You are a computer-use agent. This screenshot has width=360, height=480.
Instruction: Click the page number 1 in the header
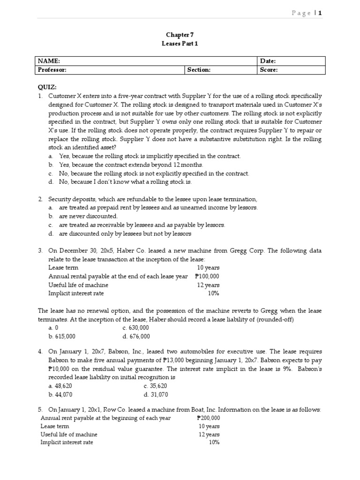(320, 13)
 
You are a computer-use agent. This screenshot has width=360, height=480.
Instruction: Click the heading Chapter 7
(180, 35)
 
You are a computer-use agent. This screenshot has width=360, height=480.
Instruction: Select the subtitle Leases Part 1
(180, 43)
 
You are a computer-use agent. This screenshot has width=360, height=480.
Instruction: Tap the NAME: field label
(49, 61)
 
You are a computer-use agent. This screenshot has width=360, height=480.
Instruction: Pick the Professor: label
(52, 70)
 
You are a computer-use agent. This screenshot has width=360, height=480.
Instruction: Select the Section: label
(199, 70)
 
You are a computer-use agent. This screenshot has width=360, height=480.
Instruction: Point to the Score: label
(269, 70)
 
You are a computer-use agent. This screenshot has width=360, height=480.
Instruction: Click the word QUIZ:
(47, 87)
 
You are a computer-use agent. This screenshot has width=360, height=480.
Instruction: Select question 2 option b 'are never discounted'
(88, 216)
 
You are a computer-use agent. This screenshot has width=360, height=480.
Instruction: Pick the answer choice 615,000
(62, 336)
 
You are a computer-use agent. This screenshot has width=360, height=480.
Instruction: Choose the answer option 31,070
(156, 394)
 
